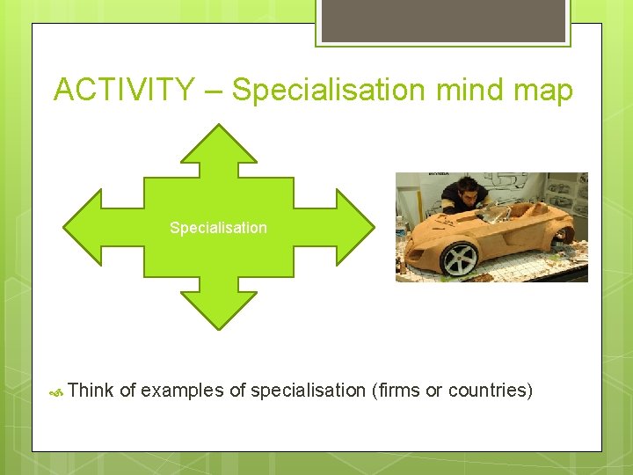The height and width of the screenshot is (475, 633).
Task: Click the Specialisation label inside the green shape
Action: pos(218,228)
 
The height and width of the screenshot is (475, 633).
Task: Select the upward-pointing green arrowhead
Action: pos(219,146)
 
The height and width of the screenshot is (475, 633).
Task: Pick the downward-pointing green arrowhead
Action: pos(219,310)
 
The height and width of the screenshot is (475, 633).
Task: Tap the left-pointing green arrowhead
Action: pos(84,227)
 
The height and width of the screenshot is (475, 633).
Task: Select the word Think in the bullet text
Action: pos(91,391)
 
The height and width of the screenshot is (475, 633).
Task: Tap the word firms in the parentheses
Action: pos(396,391)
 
